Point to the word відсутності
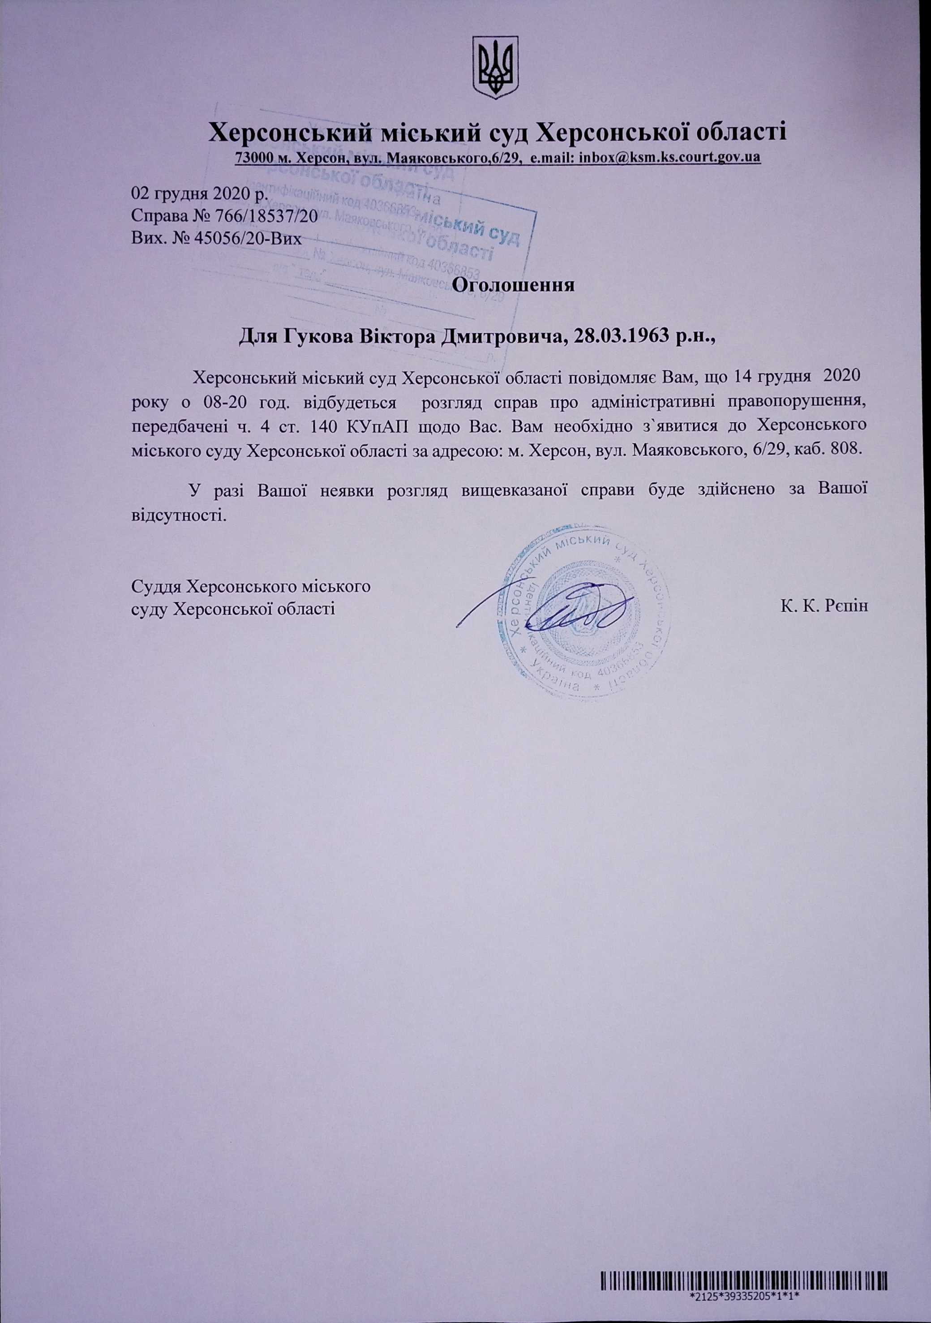(177, 513)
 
